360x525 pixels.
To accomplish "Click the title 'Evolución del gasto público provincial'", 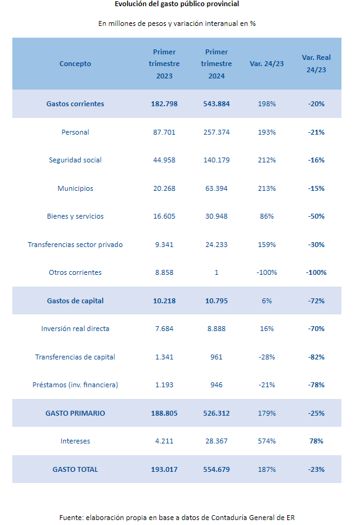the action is tap(177, 4).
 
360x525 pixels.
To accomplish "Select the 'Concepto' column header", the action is tap(75, 64).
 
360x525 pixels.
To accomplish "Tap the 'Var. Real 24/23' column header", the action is tap(316, 64).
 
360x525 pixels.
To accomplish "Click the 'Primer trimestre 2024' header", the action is tap(216, 64).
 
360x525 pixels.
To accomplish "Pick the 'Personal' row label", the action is tap(75, 132).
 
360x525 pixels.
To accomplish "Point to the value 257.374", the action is tap(216, 132).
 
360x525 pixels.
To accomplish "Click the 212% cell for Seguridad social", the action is tap(267, 160).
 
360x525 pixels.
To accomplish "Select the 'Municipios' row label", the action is tap(75, 188).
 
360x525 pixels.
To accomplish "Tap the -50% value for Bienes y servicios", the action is tap(316, 216).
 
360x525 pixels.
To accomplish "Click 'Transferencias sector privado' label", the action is tap(75, 245).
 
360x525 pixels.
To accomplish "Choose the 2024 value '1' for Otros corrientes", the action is tap(216, 272).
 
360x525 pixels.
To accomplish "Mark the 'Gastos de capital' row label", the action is tap(75, 301).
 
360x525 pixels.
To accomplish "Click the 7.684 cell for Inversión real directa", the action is tap(164, 329).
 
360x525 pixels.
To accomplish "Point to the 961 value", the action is tap(216, 357).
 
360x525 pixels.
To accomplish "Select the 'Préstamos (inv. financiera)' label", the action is tap(75, 385).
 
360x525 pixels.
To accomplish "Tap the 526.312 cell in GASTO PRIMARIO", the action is tap(216, 413).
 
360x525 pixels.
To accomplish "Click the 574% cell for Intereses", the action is tap(267, 441).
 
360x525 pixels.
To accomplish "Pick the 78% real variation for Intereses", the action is tap(316, 441).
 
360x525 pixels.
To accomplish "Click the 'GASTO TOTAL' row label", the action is tap(75, 469).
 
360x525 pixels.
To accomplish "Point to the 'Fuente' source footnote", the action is tap(177, 518).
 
